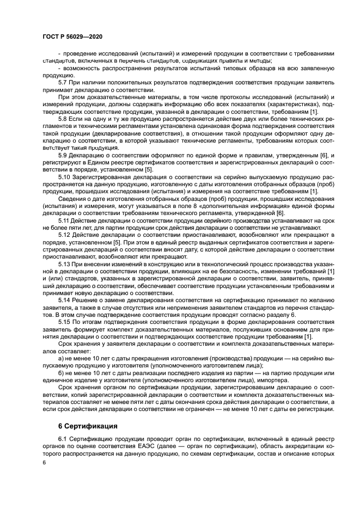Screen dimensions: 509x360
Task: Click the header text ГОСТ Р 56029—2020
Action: (72, 36)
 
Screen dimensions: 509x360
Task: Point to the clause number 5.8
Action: (63, 119)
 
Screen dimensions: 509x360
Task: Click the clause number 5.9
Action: (63, 156)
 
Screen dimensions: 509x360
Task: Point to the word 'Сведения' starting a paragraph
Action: (72, 200)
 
